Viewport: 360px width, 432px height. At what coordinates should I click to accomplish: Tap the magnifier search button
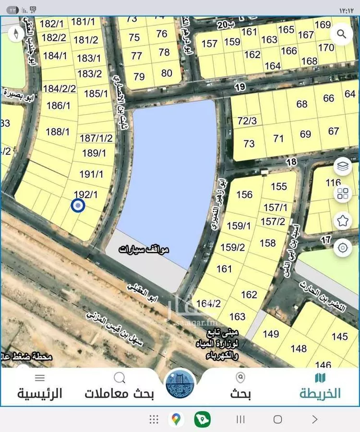[342, 34]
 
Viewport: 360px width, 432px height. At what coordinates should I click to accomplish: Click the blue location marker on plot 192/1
[78, 206]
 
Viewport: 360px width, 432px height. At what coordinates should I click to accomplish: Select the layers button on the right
[343, 167]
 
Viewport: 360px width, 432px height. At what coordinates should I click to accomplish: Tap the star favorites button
[343, 221]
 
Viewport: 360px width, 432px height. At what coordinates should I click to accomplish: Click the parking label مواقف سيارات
[144, 250]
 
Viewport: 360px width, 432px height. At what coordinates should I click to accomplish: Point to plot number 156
[244, 194]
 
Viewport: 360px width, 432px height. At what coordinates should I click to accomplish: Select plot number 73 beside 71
[249, 144]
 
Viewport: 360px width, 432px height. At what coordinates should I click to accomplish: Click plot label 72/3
[247, 121]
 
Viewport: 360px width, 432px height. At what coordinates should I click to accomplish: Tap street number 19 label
[240, 87]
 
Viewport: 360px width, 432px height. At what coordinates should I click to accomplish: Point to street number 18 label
[291, 162]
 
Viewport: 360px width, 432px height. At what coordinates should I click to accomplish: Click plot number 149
[271, 334]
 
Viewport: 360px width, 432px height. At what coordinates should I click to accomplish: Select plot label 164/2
[208, 303]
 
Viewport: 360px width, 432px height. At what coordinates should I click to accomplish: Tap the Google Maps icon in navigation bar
[176, 420]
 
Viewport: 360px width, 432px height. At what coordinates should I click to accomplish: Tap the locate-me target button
[343, 248]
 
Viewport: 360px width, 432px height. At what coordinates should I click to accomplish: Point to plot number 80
[167, 73]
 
